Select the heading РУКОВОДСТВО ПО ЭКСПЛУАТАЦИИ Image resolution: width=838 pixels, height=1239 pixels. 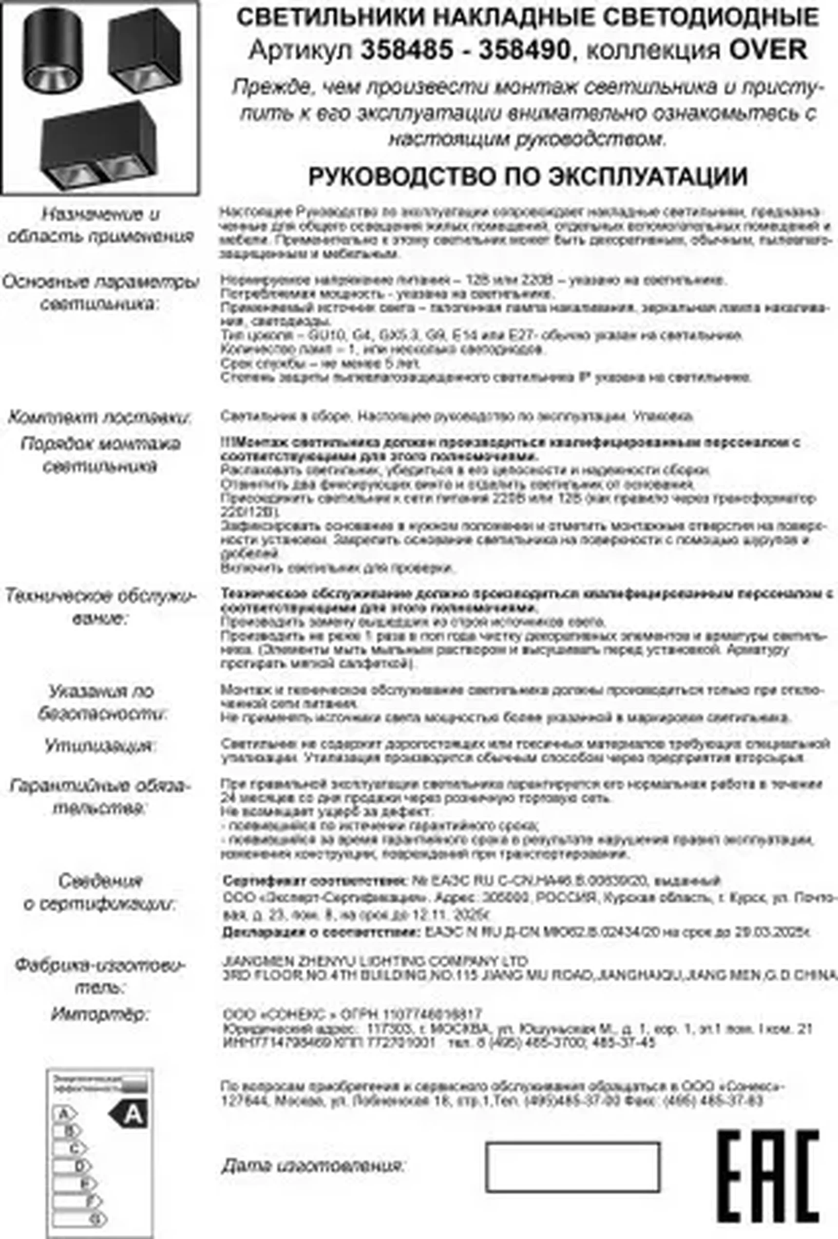[x=528, y=176]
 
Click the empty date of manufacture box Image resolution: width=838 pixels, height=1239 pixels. [x=572, y=1166]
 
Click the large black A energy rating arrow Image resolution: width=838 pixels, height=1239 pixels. [x=129, y=1114]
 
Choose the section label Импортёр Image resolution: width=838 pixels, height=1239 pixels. [x=99, y=1014]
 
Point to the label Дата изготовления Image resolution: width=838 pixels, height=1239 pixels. [x=313, y=1165]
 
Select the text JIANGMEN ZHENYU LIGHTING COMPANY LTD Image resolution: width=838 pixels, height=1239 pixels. [x=375, y=961]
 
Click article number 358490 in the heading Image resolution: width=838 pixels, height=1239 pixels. [x=525, y=50]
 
